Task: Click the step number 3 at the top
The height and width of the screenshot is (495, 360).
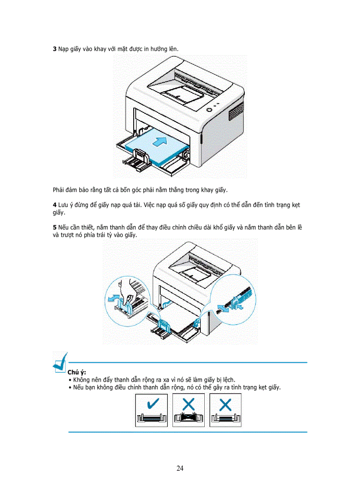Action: [55, 49]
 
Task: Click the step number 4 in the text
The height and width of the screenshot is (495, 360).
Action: [55, 205]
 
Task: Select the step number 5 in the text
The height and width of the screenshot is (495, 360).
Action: [55, 227]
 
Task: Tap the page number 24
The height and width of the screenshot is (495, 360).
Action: [180, 468]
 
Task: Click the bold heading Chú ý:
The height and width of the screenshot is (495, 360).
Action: [76, 372]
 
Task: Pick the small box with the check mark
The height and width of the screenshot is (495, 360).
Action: [151, 410]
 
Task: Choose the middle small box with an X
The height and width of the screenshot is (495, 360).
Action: [188, 410]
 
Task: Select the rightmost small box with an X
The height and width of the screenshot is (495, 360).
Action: [225, 410]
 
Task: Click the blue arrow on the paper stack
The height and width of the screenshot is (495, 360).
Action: [161, 141]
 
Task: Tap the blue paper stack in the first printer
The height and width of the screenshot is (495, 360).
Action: [154, 148]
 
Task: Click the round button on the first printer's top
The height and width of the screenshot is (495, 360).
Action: [208, 108]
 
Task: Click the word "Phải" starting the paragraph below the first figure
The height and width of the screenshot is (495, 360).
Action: [59, 190]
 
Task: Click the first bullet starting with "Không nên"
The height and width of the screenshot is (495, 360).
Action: [154, 380]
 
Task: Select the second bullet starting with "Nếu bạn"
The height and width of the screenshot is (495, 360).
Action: [176, 387]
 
